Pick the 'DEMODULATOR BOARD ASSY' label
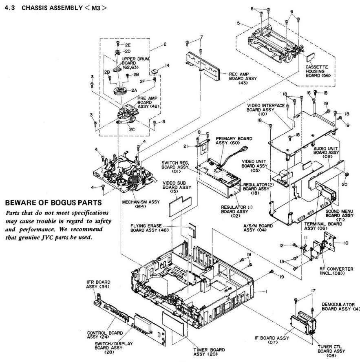click(x=339, y=307)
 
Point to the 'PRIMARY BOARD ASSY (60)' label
click(x=231, y=141)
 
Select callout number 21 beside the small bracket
click(x=196, y=146)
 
